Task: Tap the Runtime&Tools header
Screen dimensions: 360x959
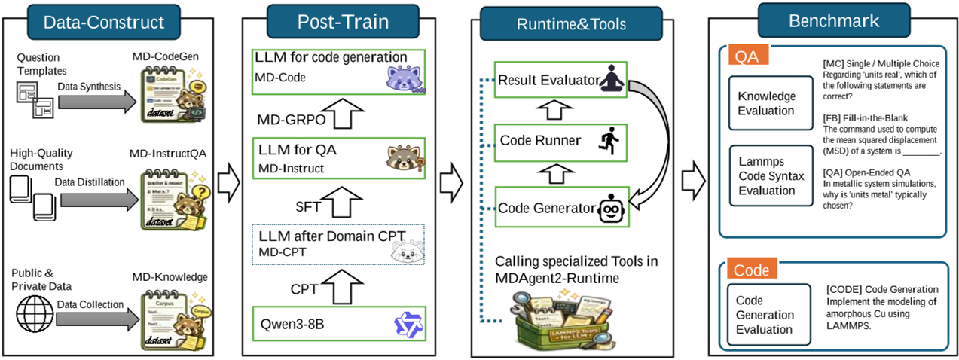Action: click(x=570, y=23)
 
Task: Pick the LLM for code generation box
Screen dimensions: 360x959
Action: click(x=338, y=71)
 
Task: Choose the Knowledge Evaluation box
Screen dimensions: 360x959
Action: click(x=766, y=104)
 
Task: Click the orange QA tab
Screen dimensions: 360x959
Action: click(x=747, y=54)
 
